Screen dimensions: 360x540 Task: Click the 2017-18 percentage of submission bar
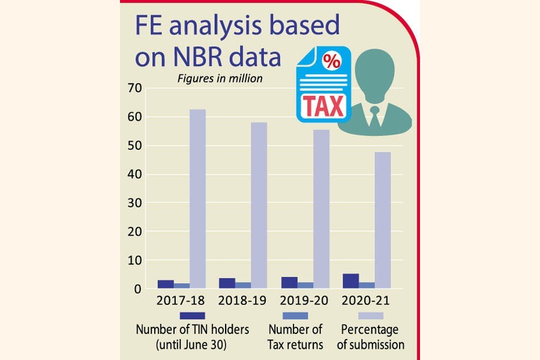197,199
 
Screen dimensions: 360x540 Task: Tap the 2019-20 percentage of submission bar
320,209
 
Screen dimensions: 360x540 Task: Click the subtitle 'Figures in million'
219,79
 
